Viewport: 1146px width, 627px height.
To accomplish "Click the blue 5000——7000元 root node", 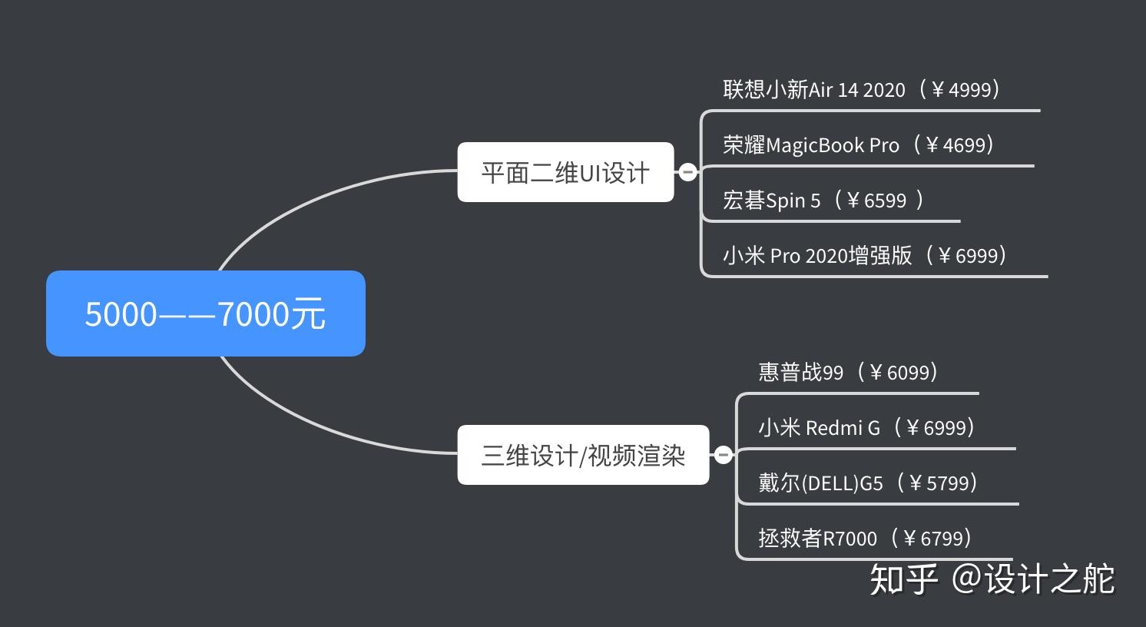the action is click(206, 313).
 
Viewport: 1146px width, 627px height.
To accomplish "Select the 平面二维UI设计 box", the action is click(565, 172).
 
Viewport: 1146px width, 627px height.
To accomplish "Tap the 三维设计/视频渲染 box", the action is click(583, 455).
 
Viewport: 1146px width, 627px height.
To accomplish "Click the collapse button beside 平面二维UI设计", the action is click(688, 172).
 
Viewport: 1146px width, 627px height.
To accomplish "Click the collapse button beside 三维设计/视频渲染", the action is click(723, 455).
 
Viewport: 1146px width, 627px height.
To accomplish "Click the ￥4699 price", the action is click(956, 145).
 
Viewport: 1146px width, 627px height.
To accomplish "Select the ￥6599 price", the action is click(876, 201).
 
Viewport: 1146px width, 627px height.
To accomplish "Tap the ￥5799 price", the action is click(939, 483).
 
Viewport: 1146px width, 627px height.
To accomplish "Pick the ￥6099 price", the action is click(899, 373).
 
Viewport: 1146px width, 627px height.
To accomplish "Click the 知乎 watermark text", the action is click(904, 579).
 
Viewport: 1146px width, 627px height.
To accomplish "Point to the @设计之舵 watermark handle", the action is click(1033, 579).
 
